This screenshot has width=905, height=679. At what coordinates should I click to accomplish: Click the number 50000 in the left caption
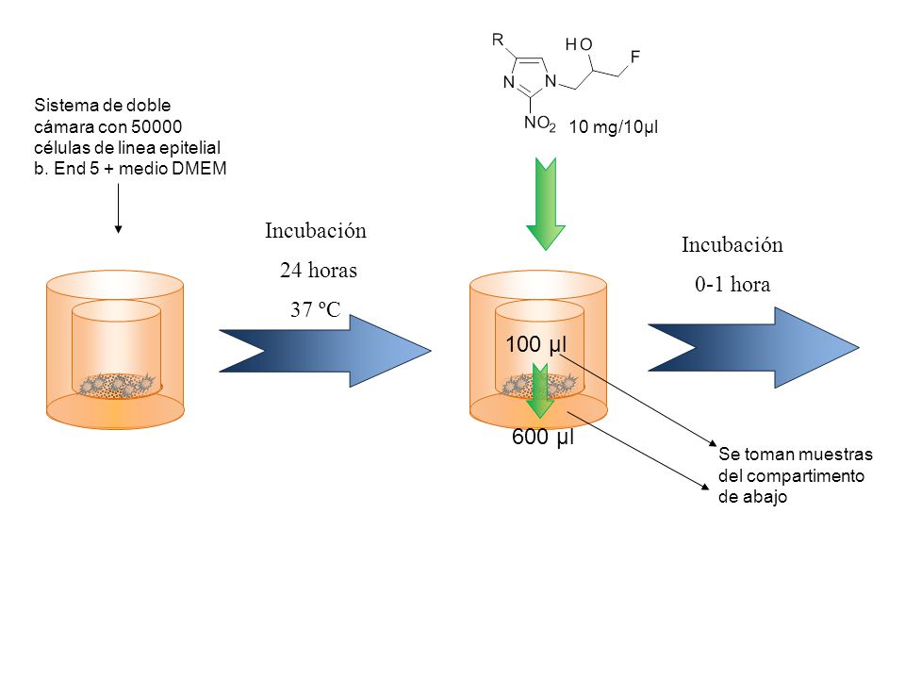(156, 126)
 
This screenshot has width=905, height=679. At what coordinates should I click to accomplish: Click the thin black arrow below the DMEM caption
(119, 208)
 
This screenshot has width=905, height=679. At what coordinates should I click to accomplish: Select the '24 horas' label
(319, 271)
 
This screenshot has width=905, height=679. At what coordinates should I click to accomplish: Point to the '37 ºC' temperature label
(316, 309)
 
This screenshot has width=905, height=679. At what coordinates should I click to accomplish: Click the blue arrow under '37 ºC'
(325, 351)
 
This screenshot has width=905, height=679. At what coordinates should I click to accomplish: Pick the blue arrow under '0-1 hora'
(754, 348)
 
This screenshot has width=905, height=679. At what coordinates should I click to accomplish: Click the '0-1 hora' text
(732, 284)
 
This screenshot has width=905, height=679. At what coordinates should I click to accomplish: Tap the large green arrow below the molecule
(546, 204)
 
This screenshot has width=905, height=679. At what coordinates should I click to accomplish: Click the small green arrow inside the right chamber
(539, 390)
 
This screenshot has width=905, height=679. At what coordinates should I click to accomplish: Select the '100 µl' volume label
(536, 344)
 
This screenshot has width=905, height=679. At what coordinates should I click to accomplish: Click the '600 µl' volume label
(543, 437)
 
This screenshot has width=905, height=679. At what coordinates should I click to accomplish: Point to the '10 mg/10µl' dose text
(614, 127)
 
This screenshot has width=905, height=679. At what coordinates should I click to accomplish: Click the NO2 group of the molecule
(539, 123)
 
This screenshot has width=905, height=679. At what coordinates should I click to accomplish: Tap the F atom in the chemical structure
(635, 57)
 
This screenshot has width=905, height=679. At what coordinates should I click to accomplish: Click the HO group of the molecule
(579, 44)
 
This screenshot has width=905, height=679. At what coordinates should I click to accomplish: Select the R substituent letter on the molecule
(498, 40)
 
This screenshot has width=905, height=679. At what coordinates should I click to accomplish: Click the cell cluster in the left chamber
(118, 385)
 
